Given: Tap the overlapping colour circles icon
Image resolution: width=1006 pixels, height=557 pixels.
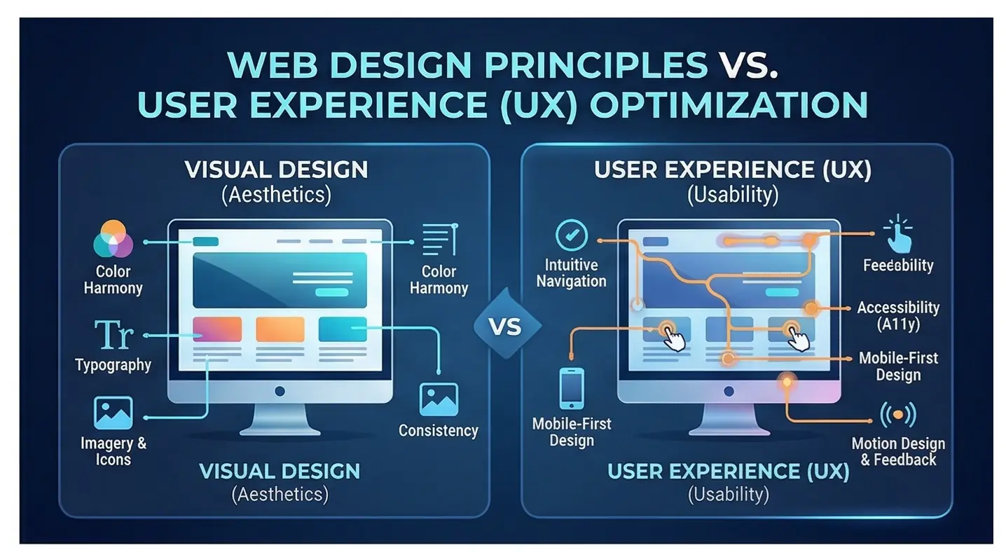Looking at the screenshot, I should [113, 240].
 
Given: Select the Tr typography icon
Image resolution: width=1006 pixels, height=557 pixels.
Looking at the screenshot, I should [113, 335].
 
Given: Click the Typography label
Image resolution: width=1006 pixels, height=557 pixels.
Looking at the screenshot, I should [113, 365].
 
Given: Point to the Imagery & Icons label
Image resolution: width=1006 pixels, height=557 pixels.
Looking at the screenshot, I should [113, 451].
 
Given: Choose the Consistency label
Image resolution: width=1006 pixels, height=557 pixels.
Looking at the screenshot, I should [439, 430].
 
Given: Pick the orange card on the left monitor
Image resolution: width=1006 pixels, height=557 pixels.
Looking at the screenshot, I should [280, 329].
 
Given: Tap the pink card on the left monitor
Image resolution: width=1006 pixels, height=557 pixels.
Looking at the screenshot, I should [217, 329].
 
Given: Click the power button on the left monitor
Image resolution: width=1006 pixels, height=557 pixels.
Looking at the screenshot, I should [280, 391].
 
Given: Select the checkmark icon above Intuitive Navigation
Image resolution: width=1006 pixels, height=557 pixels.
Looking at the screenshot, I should [571, 236].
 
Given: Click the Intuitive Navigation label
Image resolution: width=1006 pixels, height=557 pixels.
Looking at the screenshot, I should [571, 273].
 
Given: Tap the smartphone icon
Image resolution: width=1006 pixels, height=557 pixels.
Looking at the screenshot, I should [571, 388].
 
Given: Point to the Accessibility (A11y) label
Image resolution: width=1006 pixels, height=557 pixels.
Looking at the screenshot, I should [898, 316].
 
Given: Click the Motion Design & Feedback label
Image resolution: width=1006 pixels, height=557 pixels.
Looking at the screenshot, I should [898, 452].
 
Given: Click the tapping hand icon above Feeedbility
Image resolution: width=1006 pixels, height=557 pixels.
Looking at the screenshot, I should [898, 235].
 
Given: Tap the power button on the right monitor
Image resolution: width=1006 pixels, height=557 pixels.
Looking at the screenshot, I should [729, 391].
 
